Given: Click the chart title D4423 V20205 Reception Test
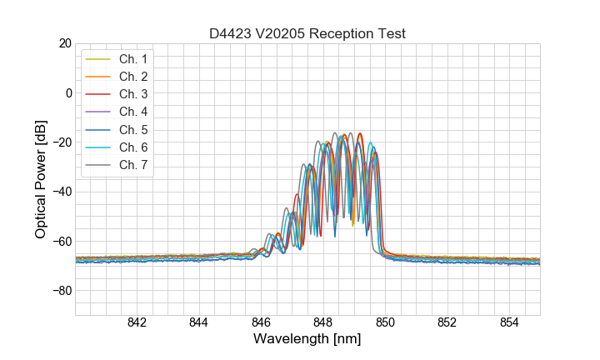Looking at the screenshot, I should click(x=307, y=33).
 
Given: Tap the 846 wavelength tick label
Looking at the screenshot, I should click(x=261, y=323).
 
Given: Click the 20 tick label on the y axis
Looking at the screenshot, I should click(x=64, y=43).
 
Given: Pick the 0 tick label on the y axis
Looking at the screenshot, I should click(x=67, y=92).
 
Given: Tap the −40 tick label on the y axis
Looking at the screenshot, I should click(x=61, y=192).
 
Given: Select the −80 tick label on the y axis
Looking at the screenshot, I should click(x=61, y=291).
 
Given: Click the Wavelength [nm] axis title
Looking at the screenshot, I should click(x=307, y=340).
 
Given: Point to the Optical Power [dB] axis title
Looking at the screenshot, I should click(x=41, y=178).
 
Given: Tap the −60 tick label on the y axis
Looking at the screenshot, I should click(x=61, y=242).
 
